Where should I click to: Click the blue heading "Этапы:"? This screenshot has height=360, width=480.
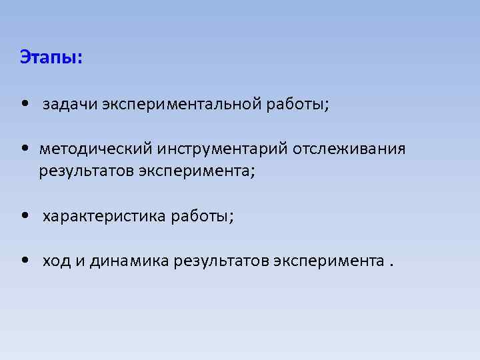pyautogui.click(x=51, y=57)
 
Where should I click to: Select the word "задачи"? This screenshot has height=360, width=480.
pyautogui.click(x=71, y=105)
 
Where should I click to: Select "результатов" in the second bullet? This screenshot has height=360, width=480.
pyautogui.click(x=87, y=171)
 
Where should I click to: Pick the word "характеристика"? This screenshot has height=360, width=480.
pyautogui.click(x=105, y=216)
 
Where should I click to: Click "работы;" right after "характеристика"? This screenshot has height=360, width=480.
pyautogui.click(x=203, y=216)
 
